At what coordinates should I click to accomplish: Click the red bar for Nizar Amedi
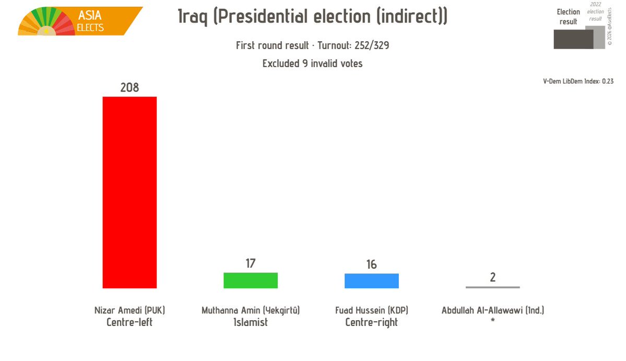[x=129, y=192]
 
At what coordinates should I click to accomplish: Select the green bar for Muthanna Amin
[x=251, y=281]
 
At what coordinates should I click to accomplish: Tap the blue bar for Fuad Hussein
[x=371, y=281]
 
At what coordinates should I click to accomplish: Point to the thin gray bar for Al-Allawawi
[x=492, y=287]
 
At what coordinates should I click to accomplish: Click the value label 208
[x=129, y=88]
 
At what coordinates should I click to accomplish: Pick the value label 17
[x=251, y=263]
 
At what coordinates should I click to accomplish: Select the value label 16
[x=371, y=264]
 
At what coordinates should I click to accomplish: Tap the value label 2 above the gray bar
[x=492, y=277]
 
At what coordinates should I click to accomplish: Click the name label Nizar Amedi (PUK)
[x=129, y=310]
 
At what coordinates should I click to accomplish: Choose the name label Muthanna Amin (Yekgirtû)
[x=251, y=310]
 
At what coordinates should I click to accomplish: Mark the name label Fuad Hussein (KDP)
[x=371, y=310]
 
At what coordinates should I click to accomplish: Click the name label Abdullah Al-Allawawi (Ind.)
[x=492, y=310]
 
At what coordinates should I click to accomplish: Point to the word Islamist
[x=251, y=322]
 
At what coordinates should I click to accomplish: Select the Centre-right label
[x=371, y=322]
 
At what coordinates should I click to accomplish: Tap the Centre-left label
[x=129, y=322]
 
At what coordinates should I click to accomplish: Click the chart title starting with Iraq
[x=312, y=17]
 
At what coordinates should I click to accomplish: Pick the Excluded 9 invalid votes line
[x=312, y=64]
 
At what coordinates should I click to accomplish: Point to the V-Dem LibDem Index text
[x=578, y=81]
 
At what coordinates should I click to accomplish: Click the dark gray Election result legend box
[x=573, y=39]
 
